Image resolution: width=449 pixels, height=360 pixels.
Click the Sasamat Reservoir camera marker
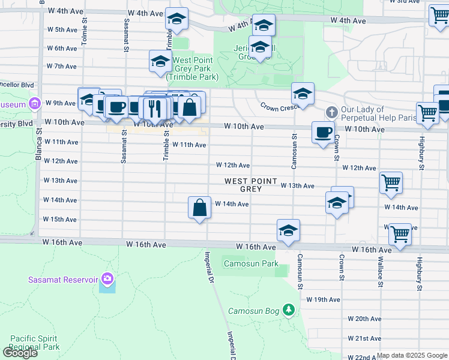(x=107, y=278)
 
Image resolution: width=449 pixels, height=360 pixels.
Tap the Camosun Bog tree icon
(x=289, y=310)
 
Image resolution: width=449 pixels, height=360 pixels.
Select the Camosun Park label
(x=251, y=263)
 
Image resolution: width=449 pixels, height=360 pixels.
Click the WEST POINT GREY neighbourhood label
(x=251, y=185)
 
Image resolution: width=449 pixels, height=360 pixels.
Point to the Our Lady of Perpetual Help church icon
(x=331, y=112)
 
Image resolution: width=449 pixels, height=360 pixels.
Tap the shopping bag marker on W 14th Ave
(x=199, y=208)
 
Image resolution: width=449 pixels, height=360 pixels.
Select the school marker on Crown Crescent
(x=303, y=94)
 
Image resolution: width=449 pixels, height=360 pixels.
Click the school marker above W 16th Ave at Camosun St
(x=288, y=230)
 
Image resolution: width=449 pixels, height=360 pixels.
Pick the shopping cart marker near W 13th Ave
(x=391, y=182)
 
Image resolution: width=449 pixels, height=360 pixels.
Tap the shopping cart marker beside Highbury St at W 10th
(x=427, y=112)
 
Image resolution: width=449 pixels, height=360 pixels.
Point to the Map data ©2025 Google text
(x=411, y=355)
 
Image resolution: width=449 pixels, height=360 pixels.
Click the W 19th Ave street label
(x=323, y=299)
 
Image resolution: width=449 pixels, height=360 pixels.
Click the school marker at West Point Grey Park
(x=160, y=61)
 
